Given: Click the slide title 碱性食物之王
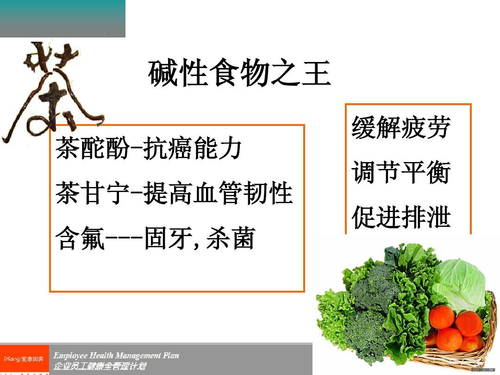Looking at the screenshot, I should pos(240,74).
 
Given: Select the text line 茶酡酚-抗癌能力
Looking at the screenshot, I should pos(148,149).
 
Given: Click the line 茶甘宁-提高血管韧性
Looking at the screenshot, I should pos(174,194).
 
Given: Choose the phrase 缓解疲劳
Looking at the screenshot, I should pos(401,127).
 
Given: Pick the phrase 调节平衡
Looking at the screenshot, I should pos(401,173).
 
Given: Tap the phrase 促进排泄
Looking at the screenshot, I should pos(401,217).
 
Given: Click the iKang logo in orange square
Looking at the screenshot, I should pos(24,359).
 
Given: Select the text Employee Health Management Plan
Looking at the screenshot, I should pos(116,356).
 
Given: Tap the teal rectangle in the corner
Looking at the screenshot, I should pos(62,19).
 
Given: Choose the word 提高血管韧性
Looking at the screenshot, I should pos(218,194).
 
